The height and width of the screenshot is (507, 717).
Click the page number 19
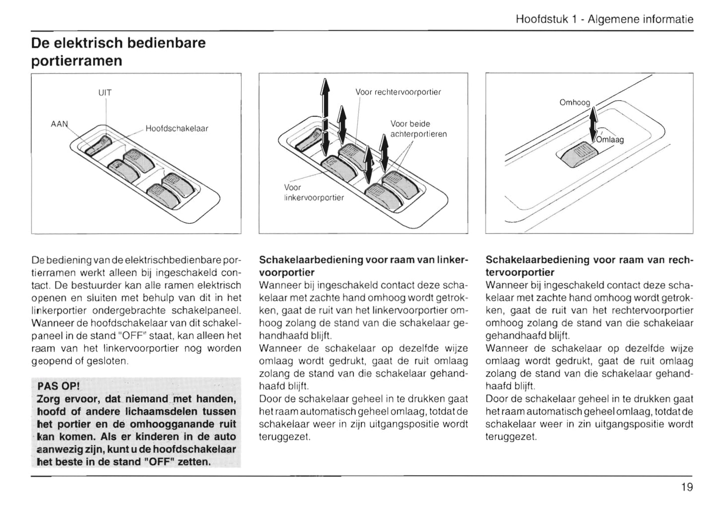pyautogui.click(x=687, y=487)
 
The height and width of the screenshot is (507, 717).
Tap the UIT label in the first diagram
pyautogui.click(x=105, y=93)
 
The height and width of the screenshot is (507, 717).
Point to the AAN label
pyautogui.click(x=59, y=124)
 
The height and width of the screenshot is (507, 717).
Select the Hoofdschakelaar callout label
pyautogui.click(x=177, y=128)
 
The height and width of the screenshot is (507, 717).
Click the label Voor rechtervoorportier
pyautogui.click(x=398, y=92)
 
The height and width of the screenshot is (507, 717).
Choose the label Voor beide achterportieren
pyautogui.click(x=418, y=129)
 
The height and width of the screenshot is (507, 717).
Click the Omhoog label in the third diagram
pyautogui.click(x=575, y=103)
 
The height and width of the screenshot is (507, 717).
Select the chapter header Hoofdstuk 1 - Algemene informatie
pyautogui.click(x=604, y=19)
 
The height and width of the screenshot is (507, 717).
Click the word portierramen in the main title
pyautogui.click(x=76, y=61)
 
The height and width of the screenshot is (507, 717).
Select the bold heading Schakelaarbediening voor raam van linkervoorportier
pyautogui.click(x=363, y=266)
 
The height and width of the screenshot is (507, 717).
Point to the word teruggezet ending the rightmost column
pyautogui.click(x=511, y=437)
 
